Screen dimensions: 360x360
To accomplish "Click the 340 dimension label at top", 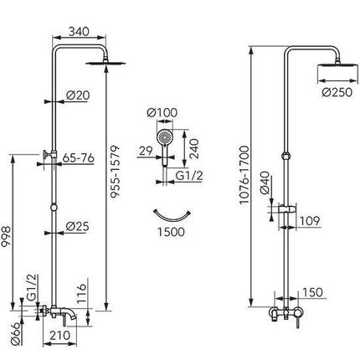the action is point(79,32).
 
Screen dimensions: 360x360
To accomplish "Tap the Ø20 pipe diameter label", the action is point(78,95).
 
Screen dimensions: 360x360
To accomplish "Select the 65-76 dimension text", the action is point(79,158).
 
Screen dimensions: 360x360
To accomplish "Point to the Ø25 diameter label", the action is point(78,226).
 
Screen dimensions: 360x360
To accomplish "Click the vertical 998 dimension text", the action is point(6,236).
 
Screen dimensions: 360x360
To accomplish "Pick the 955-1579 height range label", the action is point(115,172).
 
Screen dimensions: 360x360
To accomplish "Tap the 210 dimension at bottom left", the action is point(59,335).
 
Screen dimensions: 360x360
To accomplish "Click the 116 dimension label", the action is point(82,294).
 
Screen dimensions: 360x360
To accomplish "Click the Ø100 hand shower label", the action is point(162,113).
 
